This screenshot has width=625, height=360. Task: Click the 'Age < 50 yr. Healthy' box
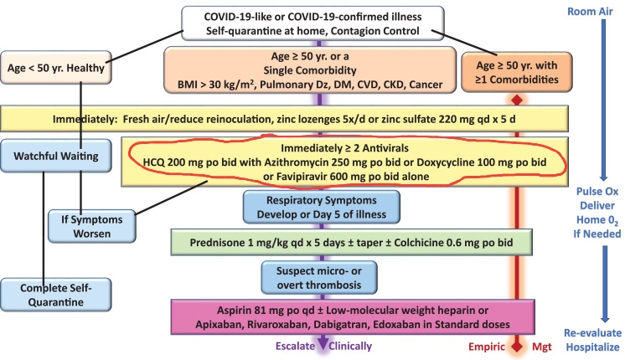(x=56, y=67)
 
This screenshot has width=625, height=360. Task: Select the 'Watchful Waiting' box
(x=56, y=156)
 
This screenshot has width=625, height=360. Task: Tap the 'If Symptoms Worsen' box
(x=92, y=226)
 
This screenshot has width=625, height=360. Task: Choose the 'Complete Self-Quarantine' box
(x=56, y=295)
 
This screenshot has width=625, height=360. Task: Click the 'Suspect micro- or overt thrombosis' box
(x=319, y=278)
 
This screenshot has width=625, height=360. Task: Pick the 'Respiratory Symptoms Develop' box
(x=322, y=207)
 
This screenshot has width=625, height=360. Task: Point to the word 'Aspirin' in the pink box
(x=232, y=311)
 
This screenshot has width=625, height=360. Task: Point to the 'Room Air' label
(x=590, y=12)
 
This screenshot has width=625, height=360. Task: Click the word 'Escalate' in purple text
(x=295, y=346)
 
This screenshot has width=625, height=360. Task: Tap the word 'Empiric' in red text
(x=486, y=347)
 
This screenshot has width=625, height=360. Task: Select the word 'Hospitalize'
(x=592, y=347)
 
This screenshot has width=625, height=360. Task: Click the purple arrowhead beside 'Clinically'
(x=323, y=343)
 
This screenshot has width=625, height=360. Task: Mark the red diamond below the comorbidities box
(x=517, y=100)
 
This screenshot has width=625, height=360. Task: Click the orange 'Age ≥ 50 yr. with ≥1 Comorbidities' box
(x=517, y=72)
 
